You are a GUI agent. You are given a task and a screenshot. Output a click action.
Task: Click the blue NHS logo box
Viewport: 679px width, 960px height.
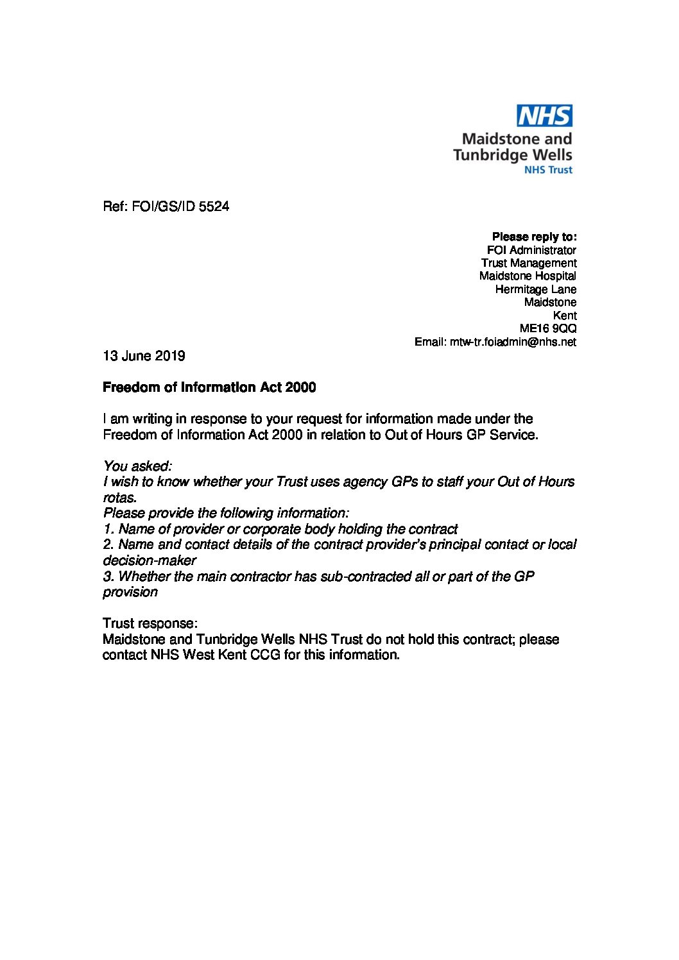[x=545, y=116]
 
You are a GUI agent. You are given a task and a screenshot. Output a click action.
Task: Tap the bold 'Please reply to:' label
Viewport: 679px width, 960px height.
[x=534, y=237]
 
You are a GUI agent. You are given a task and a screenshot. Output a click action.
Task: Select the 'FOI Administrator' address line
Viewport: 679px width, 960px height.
[x=531, y=250]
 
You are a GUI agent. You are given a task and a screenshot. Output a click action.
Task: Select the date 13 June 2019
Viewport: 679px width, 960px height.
[x=144, y=355]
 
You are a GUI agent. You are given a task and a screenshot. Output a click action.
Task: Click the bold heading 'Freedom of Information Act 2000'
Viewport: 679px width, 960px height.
[x=209, y=387]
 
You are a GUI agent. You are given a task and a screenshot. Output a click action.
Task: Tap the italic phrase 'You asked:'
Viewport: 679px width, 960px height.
[x=137, y=466]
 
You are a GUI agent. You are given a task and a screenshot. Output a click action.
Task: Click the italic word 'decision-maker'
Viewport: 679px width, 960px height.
[x=150, y=560]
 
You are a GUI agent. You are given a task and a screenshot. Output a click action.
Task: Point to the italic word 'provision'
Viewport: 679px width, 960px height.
[x=130, y=591]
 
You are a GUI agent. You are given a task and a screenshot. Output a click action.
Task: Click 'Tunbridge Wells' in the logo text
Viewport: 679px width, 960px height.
[x=512, y=155]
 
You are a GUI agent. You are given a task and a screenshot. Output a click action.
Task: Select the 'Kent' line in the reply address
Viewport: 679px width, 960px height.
[x=564, y=316]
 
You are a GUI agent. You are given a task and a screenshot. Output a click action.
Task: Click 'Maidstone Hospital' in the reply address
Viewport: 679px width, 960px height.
[x=528, y=276]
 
